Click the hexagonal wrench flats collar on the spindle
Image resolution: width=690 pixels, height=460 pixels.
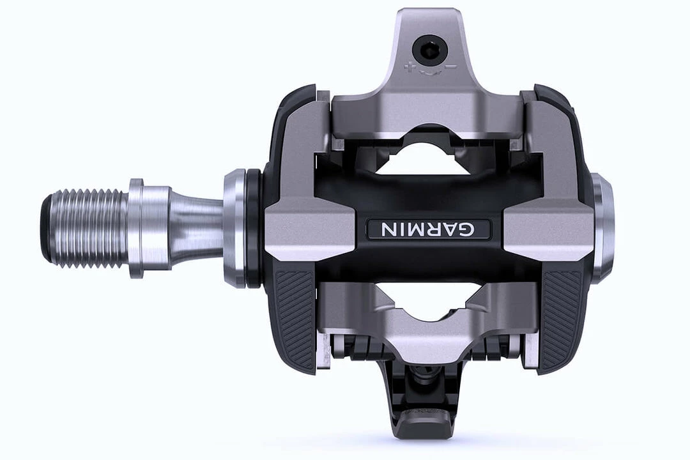click(x=137, y=228)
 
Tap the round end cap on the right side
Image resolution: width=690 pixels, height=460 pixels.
click(x=602, y=228)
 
